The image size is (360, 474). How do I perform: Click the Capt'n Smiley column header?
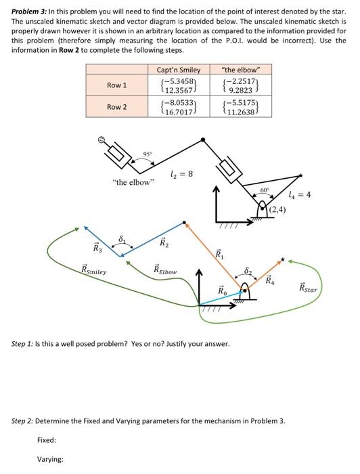click(x=173, y=70)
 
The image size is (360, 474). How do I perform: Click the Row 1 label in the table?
click(x=117, y=85)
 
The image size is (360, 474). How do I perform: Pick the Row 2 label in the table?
click(x=117, y=108)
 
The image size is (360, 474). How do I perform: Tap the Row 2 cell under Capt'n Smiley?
click(x=173, y=108)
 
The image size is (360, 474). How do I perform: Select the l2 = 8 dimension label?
click(x=181, y=174)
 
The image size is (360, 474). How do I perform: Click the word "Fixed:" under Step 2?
click(x=47, y=440)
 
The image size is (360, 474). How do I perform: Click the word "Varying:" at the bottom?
click(x=50, y=459)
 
